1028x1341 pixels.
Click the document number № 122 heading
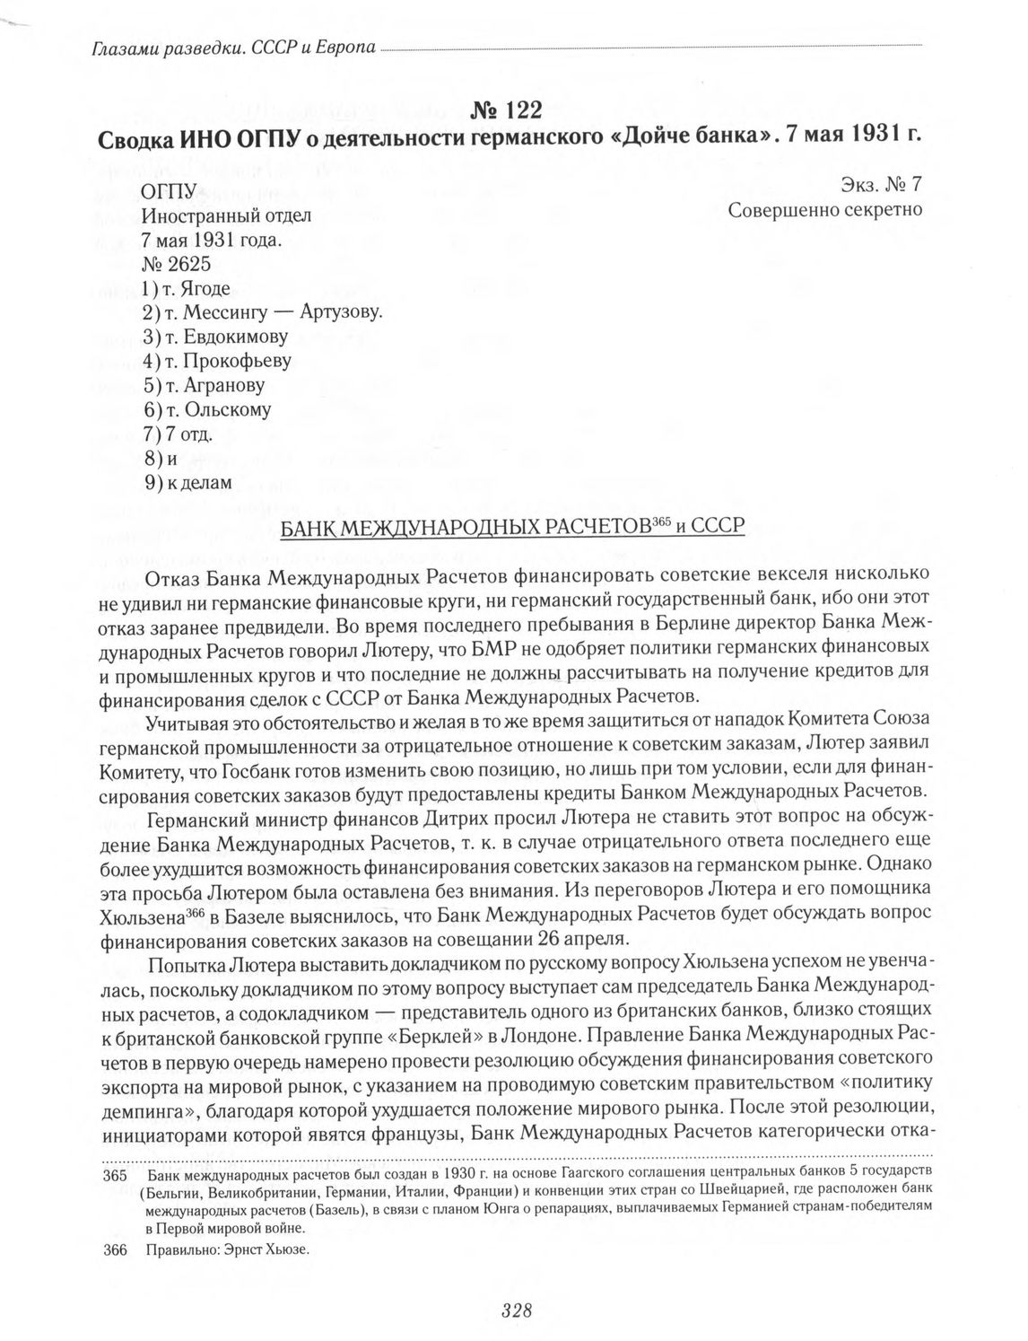coord(507,110)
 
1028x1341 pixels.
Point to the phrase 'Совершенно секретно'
coord(825,210)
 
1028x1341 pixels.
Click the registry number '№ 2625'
coord(176,264)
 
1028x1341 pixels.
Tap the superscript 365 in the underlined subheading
coord(662,521)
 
